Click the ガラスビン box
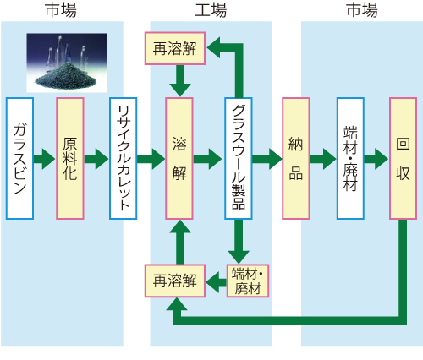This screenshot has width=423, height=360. (x=19, y=158)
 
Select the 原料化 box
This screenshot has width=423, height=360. (x=70, y=158)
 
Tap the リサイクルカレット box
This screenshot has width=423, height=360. (x=124, y=158)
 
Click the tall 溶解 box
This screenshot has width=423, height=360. (x=179, y=158)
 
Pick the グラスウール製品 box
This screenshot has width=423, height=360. (x=239, y=158)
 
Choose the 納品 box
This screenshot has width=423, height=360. (x=296, y=158)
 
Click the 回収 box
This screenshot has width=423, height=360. (x=404, y=158)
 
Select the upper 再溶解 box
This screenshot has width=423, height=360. (x=175, y=48)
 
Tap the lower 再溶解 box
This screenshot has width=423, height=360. (x=175, y=281)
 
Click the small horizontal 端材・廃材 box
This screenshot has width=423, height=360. (x=248, y=281)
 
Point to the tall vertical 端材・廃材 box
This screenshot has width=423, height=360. (x=350, y=158)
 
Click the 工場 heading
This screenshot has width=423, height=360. (x=211, y=10)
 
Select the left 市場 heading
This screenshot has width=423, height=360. (x=61, y=10)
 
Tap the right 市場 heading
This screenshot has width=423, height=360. (x=362, y=10)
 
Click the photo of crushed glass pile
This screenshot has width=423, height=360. (x=67, y=63)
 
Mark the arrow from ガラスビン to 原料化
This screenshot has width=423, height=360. (x=45, y=159)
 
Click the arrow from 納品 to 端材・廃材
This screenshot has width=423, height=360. (x=323, y=159)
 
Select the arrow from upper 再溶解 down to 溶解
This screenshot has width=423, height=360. (x=180, y=81)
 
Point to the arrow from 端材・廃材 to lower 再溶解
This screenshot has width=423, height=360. (x=217, y=282)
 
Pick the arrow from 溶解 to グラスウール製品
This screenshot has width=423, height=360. (x=208, y=159)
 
